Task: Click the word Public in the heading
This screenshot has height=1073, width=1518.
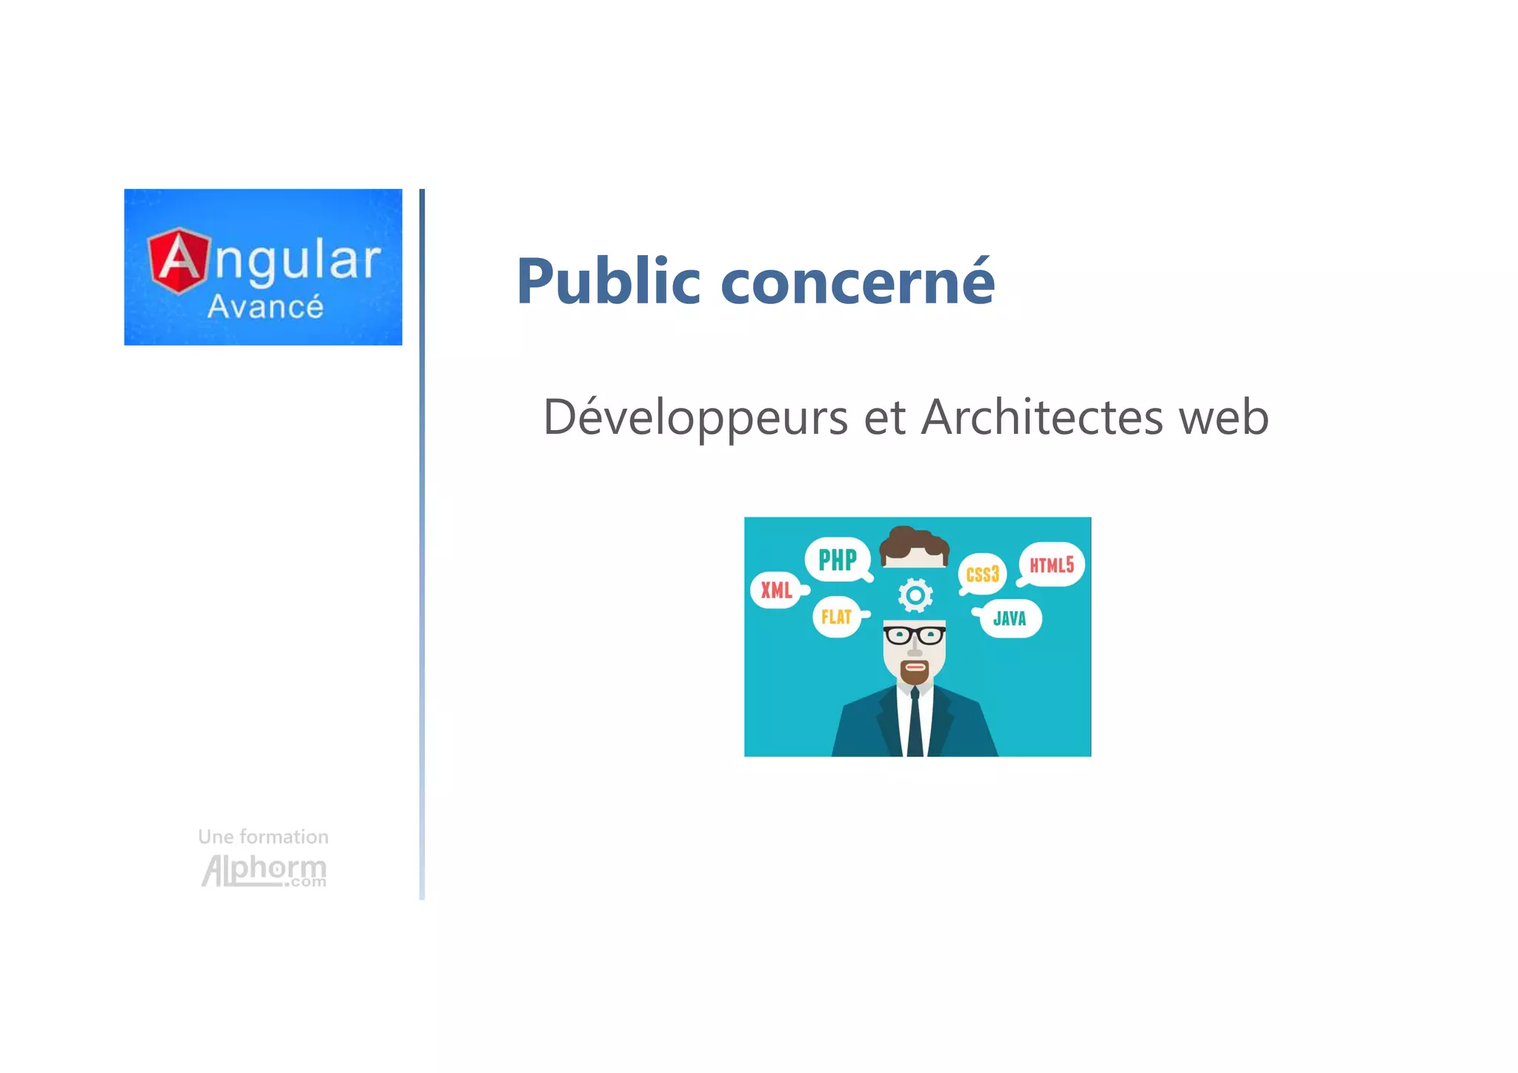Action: coord(608,281)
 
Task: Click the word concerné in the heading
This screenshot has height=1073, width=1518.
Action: coord(858,281)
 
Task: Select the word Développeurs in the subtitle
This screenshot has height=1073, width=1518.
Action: coord(695,417)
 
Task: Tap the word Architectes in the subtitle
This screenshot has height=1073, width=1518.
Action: coord(1041,417)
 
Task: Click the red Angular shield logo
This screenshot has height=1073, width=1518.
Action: coord(178,260)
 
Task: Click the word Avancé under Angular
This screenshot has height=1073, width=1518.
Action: coord(265,307)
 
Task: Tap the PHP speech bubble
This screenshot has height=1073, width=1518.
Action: coord(837,560)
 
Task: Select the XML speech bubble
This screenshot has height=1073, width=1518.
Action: coord(776,590)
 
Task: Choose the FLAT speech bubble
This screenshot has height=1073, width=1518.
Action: coord(837,617)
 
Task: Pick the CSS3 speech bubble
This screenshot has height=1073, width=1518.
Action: coord(982,574)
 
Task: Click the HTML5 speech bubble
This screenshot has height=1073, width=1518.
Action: coord(1051,565)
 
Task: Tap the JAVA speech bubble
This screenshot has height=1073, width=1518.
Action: coord(1010,618)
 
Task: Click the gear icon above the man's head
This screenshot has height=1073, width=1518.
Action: coord(915,595)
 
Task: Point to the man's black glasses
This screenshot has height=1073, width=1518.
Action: coord(915,635)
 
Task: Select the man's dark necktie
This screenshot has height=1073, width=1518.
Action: coord(915,723)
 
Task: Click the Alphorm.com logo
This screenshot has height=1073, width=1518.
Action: coord(264,871)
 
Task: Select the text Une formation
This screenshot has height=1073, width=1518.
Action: coord(263,836)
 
